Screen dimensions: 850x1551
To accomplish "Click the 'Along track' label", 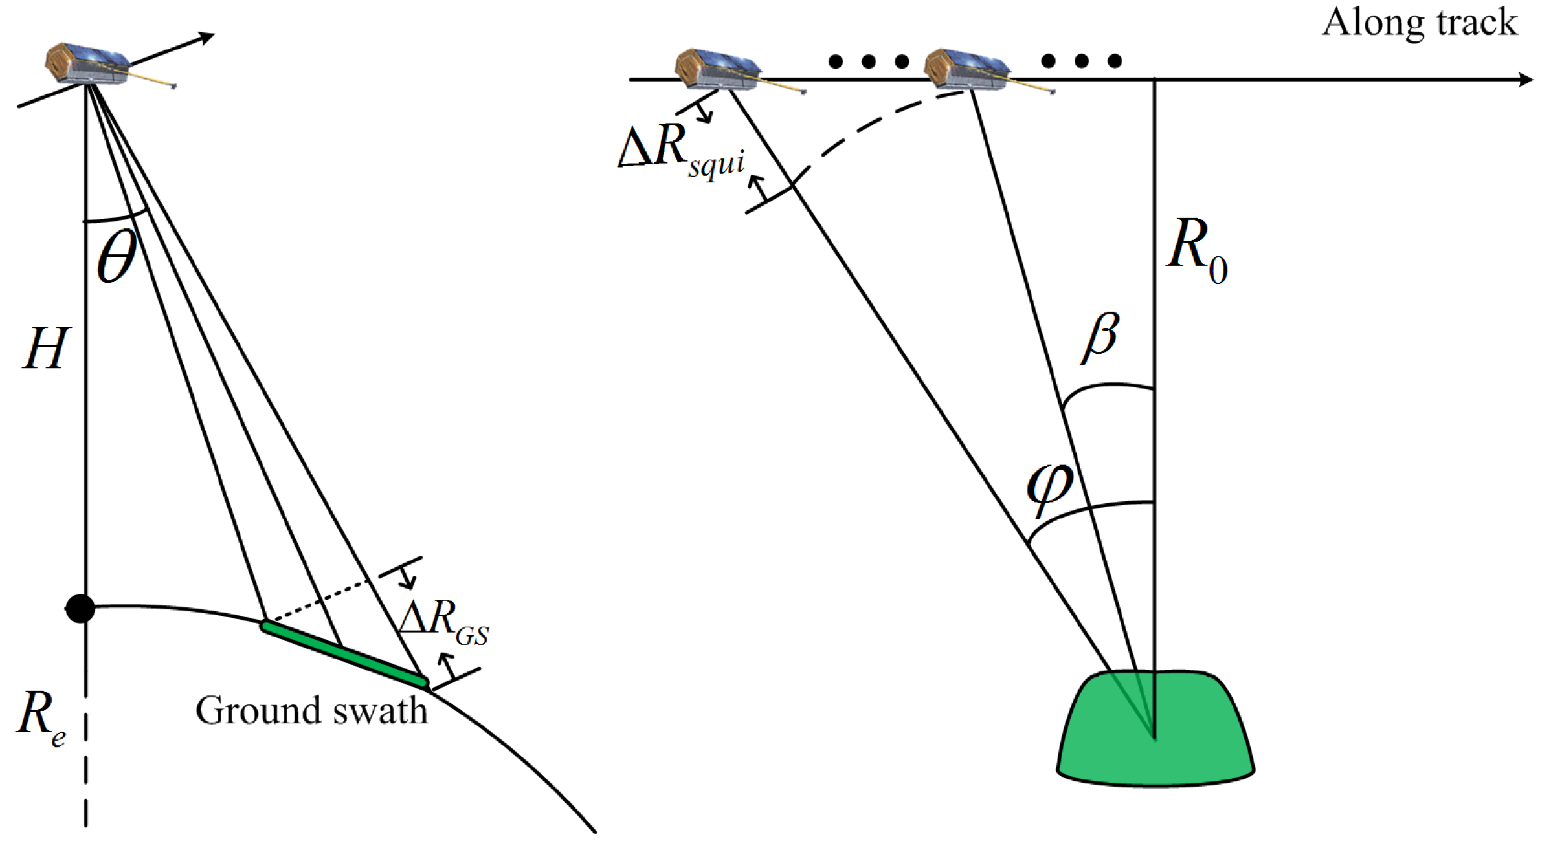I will [x=1419, y=23].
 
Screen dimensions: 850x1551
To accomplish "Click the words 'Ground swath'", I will [x=311, y=711].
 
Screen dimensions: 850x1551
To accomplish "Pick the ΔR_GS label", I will [x=444, y=621].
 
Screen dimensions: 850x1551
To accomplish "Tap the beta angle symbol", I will [x=1100, y=338].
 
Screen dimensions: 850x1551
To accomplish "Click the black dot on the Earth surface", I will [x=80, y=608].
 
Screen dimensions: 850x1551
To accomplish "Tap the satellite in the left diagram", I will [x=87, y=63].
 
